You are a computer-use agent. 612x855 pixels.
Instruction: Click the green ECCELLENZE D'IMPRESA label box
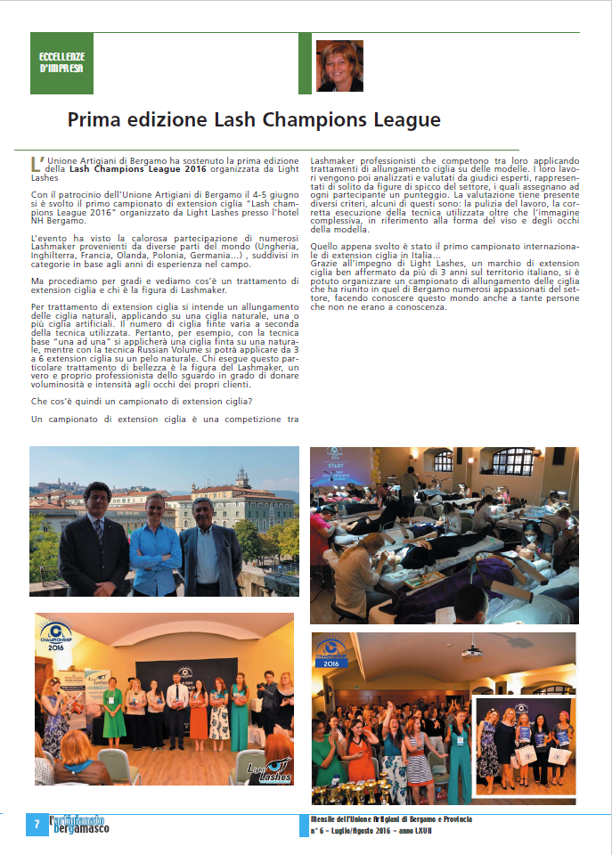click(61, 62)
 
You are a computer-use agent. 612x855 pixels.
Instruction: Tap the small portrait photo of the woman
click(339, 65)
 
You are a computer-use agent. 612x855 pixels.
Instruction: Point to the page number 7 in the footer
click(37, 824)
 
